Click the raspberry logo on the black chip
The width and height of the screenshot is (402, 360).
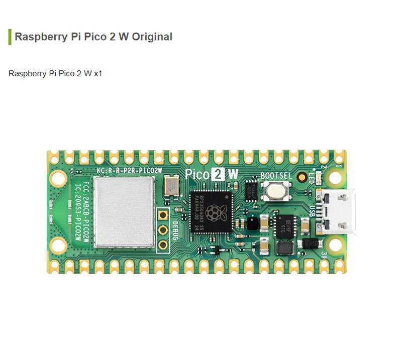(x=217, y=211)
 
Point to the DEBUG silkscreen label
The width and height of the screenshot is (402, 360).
(x=175, y=229)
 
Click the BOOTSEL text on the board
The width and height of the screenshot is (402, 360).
(x=276, y=176)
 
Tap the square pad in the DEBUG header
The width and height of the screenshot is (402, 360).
(x=163, y=215)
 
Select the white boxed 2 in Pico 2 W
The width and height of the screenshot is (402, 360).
(x=219, y=174)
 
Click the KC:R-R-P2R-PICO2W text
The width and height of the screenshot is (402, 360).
(x=129, y=170)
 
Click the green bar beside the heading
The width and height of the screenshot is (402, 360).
(x=10, y=37)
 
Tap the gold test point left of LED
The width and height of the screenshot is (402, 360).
(x=302, y=177)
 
